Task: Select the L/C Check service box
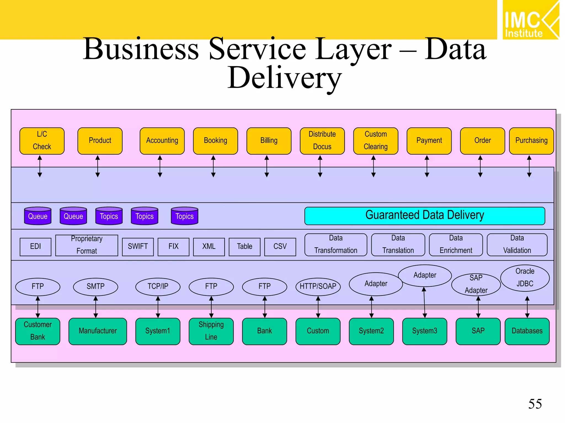(42, 141)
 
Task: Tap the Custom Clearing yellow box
(375, 141)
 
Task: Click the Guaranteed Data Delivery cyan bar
(424, 216)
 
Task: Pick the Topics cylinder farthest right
(185, 216)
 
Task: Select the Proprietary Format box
(87, 245)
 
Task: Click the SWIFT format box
(138, 247)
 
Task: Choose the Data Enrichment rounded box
(456, 245)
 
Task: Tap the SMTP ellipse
(95, 287)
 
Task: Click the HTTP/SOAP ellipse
(318, 287)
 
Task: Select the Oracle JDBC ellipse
(525, 278)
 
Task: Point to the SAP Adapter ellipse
(476, 284)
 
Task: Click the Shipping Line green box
(211, 331)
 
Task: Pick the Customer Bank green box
(38, 331)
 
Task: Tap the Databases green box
(527, 331)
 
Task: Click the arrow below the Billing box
(266, 166)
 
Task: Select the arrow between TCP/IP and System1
(158, 307)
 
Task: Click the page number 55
(535, 404)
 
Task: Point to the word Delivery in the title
(284, 78)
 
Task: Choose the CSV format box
(280, 247)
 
